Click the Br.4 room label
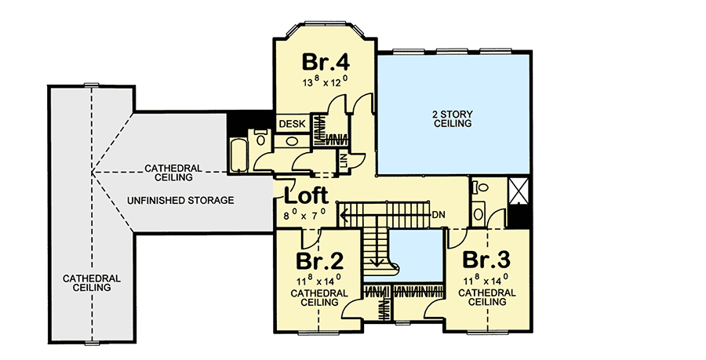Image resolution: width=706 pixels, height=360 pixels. coord(326,61)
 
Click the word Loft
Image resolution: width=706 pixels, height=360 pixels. coord(307,195)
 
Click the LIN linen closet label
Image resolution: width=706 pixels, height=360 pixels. coord(343,162)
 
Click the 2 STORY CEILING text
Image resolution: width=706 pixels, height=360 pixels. coord(452,118)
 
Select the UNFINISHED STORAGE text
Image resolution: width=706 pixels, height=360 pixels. coord(181,201)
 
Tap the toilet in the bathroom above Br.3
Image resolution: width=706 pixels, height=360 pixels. coord(480,188)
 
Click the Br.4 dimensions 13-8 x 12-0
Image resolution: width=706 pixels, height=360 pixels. coord(325,82)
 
